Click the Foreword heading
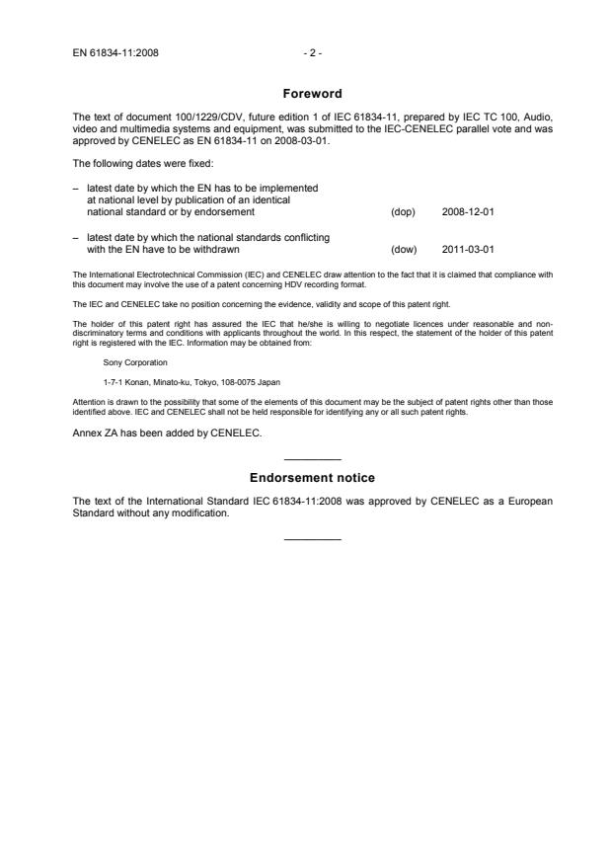312,94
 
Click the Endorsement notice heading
312,478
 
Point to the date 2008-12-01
467,211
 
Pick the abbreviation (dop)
403,211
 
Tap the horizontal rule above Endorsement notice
312,460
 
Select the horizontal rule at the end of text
312,539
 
